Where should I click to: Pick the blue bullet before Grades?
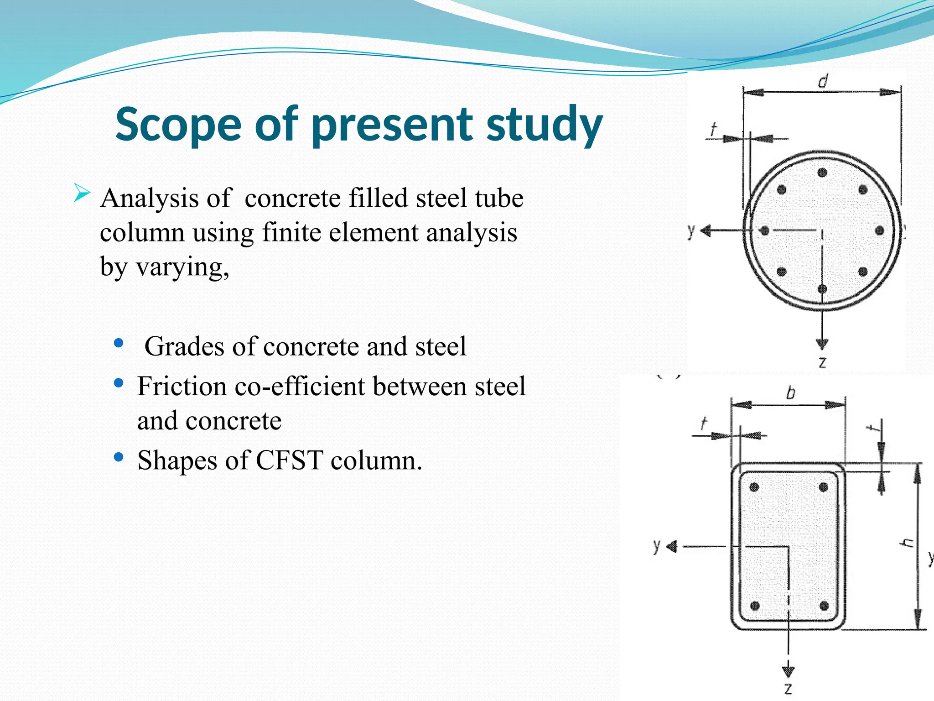(x=119, y=343)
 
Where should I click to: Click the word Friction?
(x=182, y=386)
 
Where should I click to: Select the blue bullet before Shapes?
(x=119, y=457)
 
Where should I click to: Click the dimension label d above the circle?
(x=822, y=82)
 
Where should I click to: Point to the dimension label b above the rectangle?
(x=790, y=393)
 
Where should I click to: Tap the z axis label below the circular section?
(x=822, y=362)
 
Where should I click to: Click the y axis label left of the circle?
(x=691, y=231)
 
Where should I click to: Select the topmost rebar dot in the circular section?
(x=822, y=173)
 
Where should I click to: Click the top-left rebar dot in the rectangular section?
(x=754, y=487)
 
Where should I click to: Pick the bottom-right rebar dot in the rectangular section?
(x=824, y=606)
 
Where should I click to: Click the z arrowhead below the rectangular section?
(x=789, y=671)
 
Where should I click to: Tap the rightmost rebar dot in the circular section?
(x=880, y=231)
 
